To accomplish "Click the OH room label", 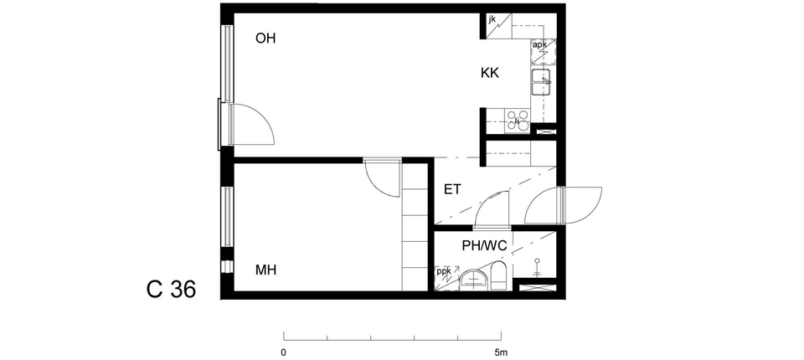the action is [x=265, y=39].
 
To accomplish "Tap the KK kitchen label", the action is [x=490, y=74].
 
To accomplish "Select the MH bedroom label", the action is [x=265, y=270].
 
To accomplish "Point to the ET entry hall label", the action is [x=452, y=190].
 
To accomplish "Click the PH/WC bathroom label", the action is [x=485, y=246].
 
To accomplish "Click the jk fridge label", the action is [x=492, y=19].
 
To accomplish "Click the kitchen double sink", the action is [x=542, y=83].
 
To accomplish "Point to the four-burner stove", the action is [x=518, y=121].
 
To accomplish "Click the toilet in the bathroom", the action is [x=499, y=275].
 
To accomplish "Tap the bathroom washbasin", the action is [x=474, y=280].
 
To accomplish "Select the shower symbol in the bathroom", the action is [x=538, y=267].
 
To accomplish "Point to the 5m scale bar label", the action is [x=501, y=352].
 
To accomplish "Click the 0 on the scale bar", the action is [x=284, y=352].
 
